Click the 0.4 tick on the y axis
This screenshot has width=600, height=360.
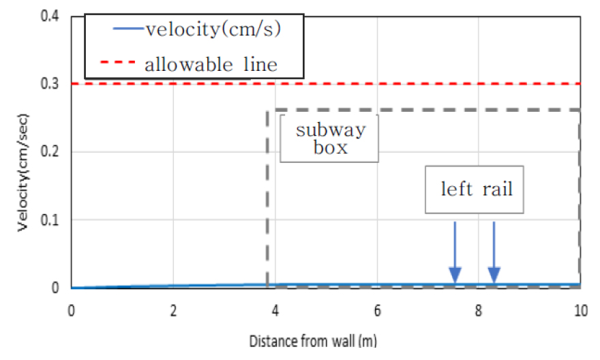click(x=51, y=16)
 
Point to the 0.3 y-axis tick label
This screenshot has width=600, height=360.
click(x=51, y=84)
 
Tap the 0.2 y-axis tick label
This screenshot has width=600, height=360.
click(x=51, y=152)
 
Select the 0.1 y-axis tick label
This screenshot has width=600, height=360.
click(x=51, y=220)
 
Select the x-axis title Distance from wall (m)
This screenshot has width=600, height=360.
click(x=326, y=340)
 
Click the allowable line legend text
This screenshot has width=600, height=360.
click(x=211, y=65)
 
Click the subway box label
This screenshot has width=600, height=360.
click(x=330, y=138)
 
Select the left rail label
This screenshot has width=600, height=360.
click(x=476, y=188)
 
